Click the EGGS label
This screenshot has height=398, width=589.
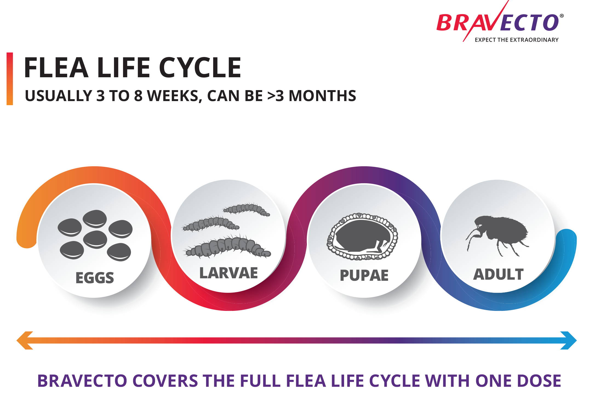point(95,278)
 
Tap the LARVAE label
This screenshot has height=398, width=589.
point(228,273)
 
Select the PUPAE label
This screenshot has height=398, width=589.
point(364,275)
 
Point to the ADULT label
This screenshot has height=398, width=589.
point(498,274)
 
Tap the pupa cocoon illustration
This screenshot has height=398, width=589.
point(362,236)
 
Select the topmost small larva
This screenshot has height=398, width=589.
point(246,210)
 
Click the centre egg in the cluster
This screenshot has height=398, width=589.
point(95,239)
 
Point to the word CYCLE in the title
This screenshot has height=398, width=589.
point(200,67)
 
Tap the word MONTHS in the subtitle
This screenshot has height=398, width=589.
point(322,96)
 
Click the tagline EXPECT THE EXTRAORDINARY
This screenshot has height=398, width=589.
point(516,40)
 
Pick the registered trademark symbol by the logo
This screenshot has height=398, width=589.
point(562,16)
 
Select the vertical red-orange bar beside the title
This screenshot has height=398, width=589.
point(10,79)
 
